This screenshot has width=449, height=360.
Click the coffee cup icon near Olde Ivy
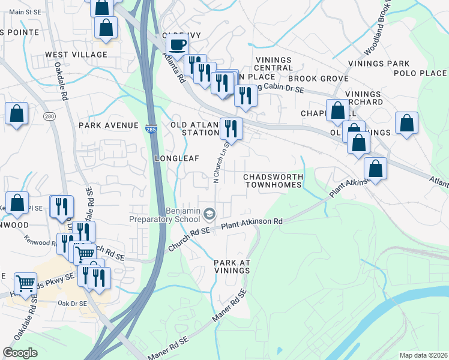[x=177, y=44]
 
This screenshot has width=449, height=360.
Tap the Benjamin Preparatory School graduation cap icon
[x=209, y=214]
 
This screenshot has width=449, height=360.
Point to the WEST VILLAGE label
[x=76, y=55]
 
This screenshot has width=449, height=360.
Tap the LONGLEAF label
[x=176, y=158]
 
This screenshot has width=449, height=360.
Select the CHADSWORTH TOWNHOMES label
[x=273, y=181]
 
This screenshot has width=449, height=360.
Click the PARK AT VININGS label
[x=232, y=267]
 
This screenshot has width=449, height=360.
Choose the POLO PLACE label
[x=420, y=73]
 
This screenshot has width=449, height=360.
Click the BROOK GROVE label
[x=318, y=79]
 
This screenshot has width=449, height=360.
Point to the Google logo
[x=20, y=353]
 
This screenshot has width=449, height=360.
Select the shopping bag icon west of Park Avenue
[x=16, y=113]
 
